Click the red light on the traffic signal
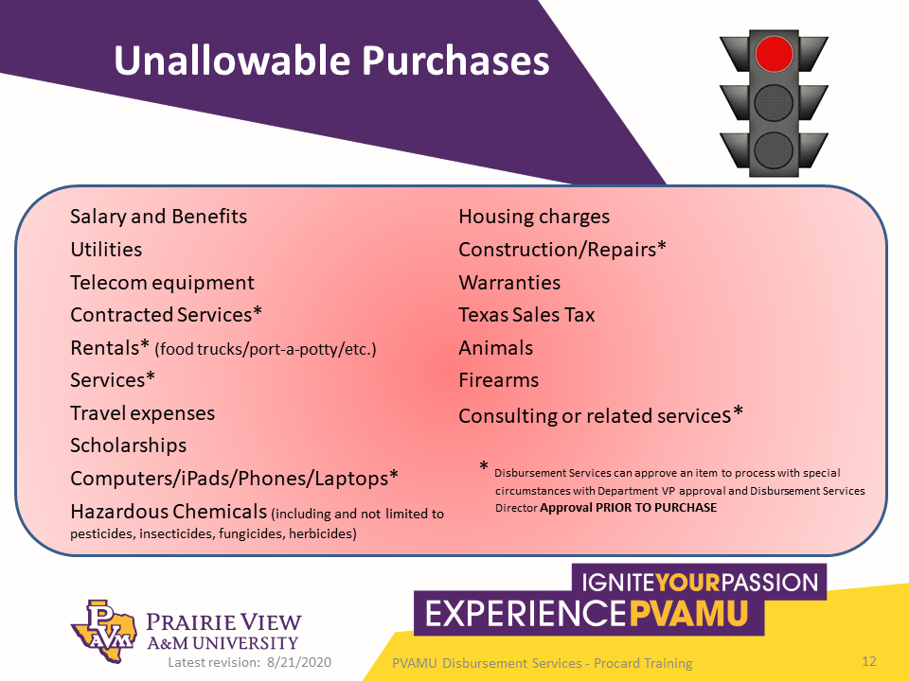pos(774,54)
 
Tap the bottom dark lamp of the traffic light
pos(774,150)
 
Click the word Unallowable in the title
pos(233,60)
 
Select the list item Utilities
pos(106,250)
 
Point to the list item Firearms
pos(499,380)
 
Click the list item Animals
pos(495,347)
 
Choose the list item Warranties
pos(509,282)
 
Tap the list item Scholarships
pos(128,445)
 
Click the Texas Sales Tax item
pos(526,314)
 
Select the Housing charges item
pos(534,217)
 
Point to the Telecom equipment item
pos(162,283)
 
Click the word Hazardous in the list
pos(119,512)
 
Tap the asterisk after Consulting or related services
pos(738,411)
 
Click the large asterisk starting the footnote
pos(484,466)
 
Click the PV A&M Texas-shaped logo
pos(104,631)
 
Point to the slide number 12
pos(869,661)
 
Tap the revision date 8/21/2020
pos(299,662)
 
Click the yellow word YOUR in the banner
pos(687,582)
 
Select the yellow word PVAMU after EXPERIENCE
pos(688,614)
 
